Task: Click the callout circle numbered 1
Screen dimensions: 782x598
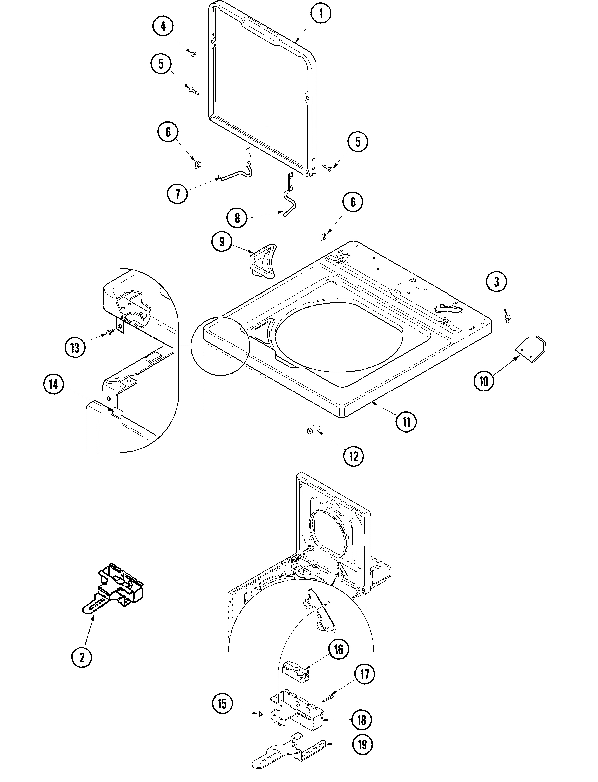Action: [321, 14]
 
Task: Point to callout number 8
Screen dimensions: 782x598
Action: [237, 218]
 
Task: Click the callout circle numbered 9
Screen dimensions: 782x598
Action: [222, 242]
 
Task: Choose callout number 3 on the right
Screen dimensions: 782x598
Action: [496, 282]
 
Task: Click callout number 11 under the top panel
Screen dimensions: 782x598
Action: [406, 422]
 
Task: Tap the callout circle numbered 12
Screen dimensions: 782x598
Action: [353, 455]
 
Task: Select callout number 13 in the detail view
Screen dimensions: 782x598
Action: [75, 347]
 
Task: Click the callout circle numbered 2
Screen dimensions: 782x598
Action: [82, 657]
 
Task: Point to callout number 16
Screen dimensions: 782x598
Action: [338, 649]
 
